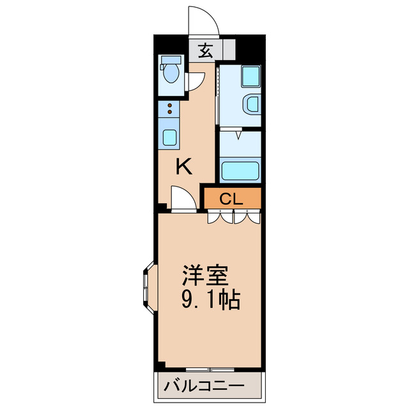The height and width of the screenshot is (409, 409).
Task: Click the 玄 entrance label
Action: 204,50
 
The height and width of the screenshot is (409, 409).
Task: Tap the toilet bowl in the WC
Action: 170,72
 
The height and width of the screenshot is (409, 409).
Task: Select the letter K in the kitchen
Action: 184,167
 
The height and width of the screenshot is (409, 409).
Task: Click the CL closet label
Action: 231,199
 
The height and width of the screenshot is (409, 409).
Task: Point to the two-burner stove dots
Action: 170,109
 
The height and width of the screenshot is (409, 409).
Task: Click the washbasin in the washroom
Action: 252,103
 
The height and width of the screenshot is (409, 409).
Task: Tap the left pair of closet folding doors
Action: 220,217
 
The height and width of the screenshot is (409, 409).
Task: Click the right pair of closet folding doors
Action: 247,217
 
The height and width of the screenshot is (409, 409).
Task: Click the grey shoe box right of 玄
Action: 228,50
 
